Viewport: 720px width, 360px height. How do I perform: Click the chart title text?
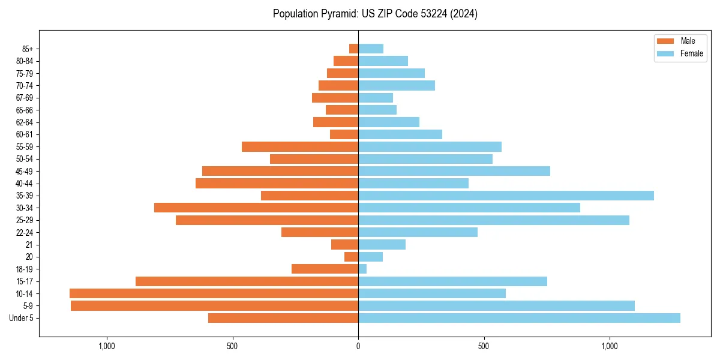pyautogui.click(x=375, y=14)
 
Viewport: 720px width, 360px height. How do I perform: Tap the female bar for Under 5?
pyautogui.click(x=519, y=318)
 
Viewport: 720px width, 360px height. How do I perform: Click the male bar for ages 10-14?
pyautogui.click(x=214, y=293)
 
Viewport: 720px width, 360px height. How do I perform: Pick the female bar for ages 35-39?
pyautogui.click(x=506, y=196)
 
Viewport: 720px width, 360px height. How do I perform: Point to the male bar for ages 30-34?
pyautogui.click(x=256, y=208)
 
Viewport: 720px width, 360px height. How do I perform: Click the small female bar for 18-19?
pyautogui.click(x=362, y=269)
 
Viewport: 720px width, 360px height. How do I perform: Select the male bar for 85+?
pyautogui.click(x=353, y=49)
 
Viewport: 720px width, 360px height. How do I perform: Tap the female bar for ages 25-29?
pyautogui.click(x=494, y=220)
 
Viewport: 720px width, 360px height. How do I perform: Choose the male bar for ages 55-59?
pyautogui.click(x=300, y=146)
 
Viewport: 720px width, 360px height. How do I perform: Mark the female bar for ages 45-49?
pyautogui.click(x=454, y=171)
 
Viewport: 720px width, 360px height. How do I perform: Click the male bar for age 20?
pyautogui.click(x=351, y=257)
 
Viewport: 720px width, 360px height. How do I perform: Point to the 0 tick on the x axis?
pyautogui.click(x=358, y=346)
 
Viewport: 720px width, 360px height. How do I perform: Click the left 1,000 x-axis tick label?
pyautogui.click(x=106, y=346)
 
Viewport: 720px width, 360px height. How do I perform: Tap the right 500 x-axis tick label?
pyautogui.click(x=484, y=346)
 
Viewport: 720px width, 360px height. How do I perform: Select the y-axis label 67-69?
pyautogui.click(x=25, y=98)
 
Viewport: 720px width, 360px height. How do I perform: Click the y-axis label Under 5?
pyautogui.click(x=22, y=318)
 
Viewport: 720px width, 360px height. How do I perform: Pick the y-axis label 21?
pyautogui.click(x=29, y=245)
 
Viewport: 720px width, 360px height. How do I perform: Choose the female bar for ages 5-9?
pyautogui.click(x=496, y=306)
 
